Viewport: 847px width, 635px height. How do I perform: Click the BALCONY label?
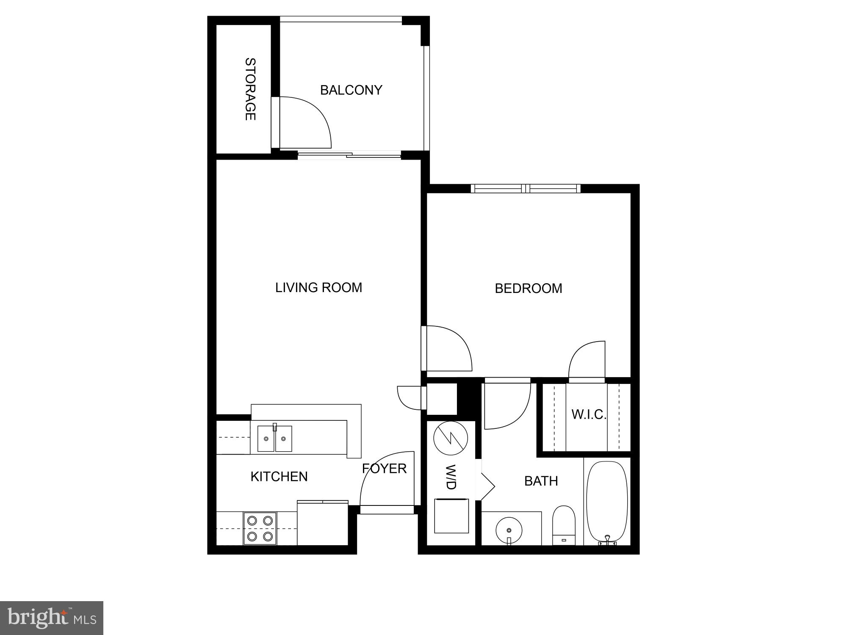point(351,90)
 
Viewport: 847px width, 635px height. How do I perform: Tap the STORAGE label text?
point(251,89)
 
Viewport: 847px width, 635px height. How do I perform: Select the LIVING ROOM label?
point(318,287)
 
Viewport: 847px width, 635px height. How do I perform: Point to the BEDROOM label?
point(529,288)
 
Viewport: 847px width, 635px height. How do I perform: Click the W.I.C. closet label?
point(589,414)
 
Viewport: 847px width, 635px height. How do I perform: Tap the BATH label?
point(541,481)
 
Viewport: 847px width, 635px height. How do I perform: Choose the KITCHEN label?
point(279,477)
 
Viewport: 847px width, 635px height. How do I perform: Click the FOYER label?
point(384,468)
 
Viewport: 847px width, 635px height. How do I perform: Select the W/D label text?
point(451,478)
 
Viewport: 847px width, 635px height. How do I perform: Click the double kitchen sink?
point(274,439)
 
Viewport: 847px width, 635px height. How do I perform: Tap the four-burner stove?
point(260,528)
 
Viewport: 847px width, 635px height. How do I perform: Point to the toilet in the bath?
point(564,525)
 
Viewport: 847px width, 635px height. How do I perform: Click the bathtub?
point(606,502)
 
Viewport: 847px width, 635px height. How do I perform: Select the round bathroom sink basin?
point(509,530)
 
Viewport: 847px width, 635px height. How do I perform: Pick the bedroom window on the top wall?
point(525,188)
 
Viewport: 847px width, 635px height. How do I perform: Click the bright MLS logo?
point(52,618)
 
